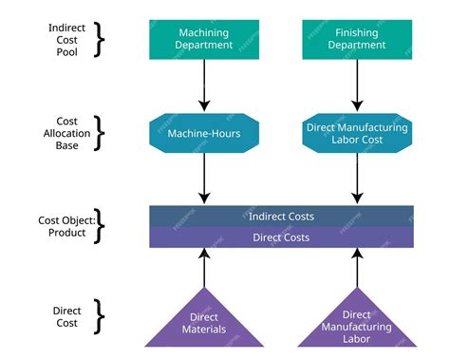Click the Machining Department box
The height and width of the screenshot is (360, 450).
click(204, 40)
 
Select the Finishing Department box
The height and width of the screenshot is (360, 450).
click(357, 40)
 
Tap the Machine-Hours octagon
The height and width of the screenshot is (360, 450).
click(204, 133)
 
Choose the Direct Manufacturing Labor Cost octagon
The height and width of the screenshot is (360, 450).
click(357, 133)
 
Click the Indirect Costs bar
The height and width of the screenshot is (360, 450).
click(281, 216)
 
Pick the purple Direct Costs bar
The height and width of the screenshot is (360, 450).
click(281, 237)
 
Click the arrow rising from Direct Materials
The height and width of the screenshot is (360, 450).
click(204, 271)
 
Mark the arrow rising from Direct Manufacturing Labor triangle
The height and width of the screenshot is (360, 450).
click(357, 271)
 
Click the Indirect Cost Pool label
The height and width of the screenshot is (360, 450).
click(66, 40)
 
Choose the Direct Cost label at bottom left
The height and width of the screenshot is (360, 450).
click(66, 317)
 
